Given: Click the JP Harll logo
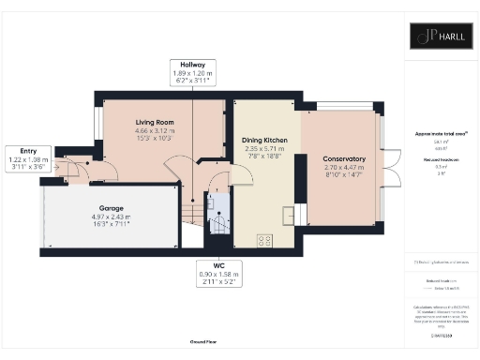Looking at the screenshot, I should [x=439, y=36].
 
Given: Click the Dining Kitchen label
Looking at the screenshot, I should [x=263, y=140].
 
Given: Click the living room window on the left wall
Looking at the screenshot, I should [x=97, y=123].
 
